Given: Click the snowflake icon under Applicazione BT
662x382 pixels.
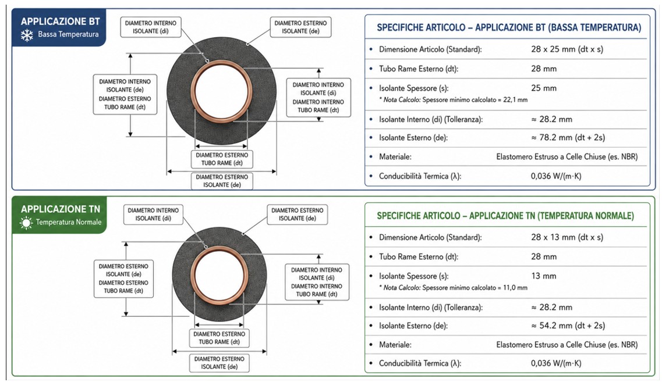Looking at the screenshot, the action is [27, 35].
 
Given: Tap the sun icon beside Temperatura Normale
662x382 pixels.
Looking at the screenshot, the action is [26, 223].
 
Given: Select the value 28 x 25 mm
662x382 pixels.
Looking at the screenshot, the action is [567, 49].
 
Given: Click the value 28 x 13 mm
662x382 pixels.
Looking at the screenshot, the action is [567, 237].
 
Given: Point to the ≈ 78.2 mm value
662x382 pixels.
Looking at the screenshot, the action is [568, 138].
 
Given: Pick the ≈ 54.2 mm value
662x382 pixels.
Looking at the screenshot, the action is [568, 326].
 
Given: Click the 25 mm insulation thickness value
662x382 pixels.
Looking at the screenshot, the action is [544, 88].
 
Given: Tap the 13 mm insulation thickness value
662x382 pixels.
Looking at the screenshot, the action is [544, 276].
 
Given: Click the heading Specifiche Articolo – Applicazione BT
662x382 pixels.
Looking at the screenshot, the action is [509, 28].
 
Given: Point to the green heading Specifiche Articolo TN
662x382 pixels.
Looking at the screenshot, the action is [505, 216].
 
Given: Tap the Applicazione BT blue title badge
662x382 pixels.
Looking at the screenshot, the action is [59, 27].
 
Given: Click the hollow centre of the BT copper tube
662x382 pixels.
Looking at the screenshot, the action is [222, 91].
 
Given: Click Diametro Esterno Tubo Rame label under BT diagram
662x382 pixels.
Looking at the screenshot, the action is [222, 159].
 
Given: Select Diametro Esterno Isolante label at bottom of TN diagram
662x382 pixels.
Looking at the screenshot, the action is [219, 363].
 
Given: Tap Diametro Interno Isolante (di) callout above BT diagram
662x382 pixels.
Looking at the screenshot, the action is [151, 27].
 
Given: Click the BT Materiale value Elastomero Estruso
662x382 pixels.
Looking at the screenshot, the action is [567, 157].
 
